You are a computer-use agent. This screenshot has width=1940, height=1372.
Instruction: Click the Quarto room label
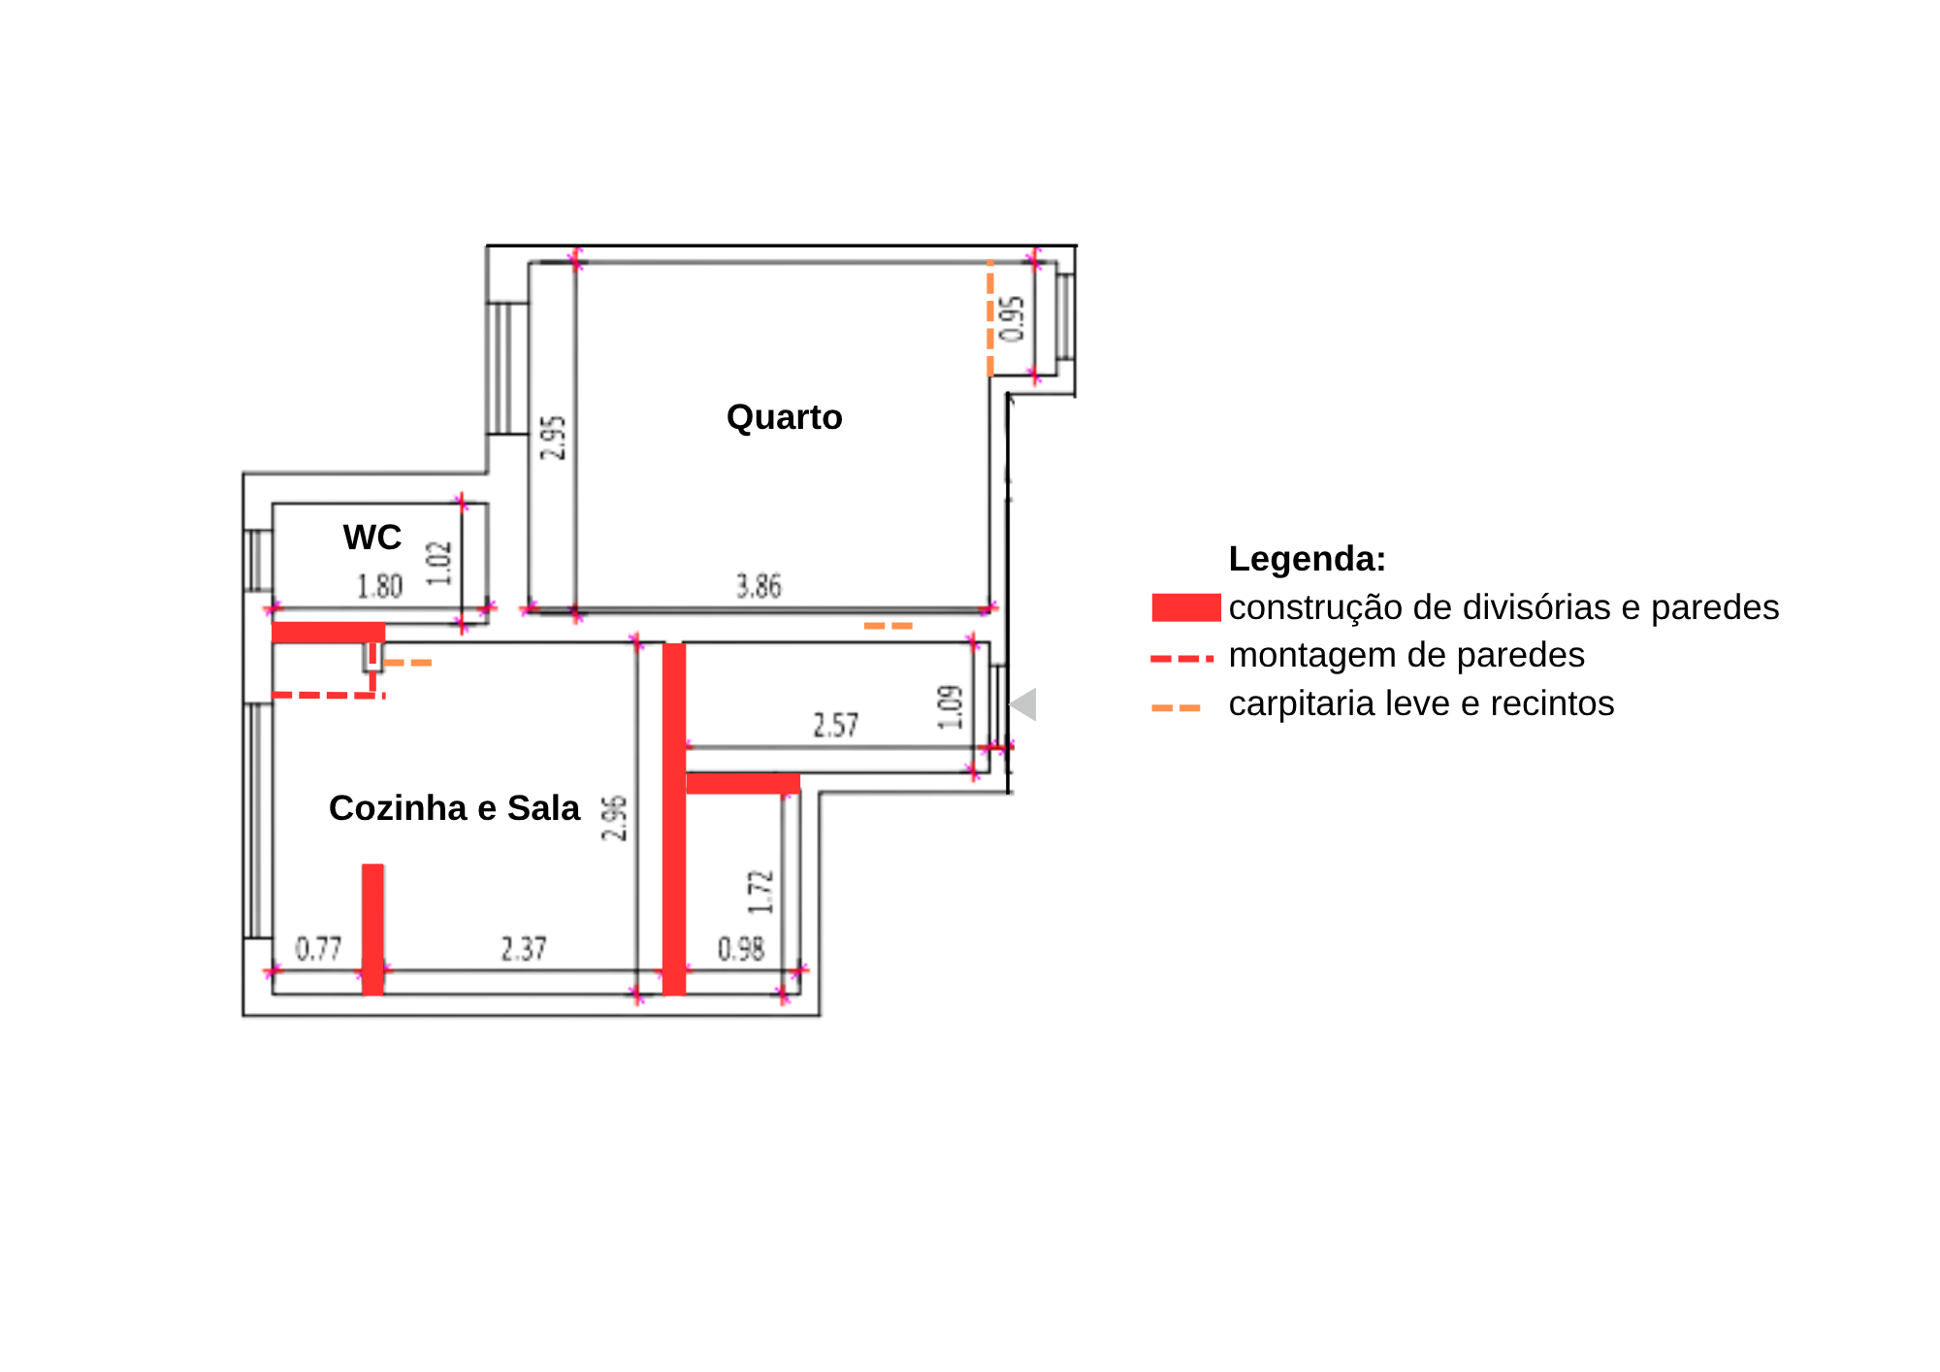pos(784,417)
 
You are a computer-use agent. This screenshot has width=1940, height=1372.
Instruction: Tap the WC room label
pos(372,538)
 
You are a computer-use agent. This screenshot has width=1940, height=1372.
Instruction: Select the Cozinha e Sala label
pos(454,808)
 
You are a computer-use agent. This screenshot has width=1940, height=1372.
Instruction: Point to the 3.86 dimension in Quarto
pos(759,586)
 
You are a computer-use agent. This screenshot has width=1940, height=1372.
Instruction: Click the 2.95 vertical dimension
pos(553,438)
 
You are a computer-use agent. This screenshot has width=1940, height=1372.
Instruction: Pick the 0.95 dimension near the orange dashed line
pos(1012,319)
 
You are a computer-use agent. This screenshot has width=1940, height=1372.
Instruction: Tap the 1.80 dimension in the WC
pos(379,587)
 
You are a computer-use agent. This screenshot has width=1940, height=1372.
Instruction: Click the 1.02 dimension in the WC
pos(439,563)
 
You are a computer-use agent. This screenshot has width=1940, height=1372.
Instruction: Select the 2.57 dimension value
pos(836,726)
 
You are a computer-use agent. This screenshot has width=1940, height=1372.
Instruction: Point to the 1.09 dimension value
pos(951,706)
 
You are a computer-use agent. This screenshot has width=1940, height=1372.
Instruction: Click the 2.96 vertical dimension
pos(615,819)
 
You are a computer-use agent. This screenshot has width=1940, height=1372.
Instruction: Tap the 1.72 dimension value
pos(761,892)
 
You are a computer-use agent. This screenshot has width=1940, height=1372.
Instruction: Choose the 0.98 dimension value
pos(741,949)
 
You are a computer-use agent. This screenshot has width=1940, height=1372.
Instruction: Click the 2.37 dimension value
pos(524,949)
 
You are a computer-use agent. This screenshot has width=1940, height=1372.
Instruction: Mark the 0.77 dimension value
pos(319,949)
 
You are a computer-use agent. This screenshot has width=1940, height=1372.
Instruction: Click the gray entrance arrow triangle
pos(1023,704)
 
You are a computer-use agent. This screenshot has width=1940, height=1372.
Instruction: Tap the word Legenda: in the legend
pos(1308,559)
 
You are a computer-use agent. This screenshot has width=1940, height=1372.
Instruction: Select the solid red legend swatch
pos(1186,607)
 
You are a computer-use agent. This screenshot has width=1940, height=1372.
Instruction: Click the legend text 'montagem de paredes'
pos(1406,655)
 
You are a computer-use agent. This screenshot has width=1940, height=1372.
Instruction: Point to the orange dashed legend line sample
pos(1176,707)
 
